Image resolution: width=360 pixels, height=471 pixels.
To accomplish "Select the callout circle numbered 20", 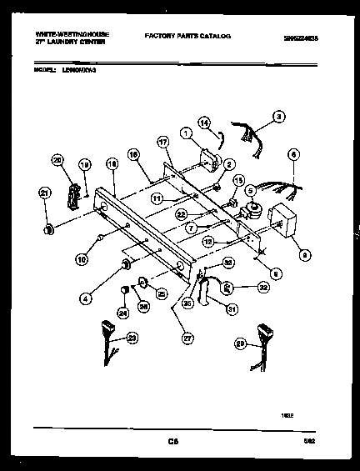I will point(57,161).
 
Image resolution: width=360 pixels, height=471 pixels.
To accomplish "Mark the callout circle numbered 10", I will point(81,259).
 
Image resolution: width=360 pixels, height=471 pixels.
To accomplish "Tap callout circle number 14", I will point(204,123).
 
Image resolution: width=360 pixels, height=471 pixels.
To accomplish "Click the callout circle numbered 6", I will point(292,154).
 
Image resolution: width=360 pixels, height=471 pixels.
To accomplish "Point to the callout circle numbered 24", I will point(124,313).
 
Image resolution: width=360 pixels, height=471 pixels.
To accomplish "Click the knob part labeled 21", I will point(48,228).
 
